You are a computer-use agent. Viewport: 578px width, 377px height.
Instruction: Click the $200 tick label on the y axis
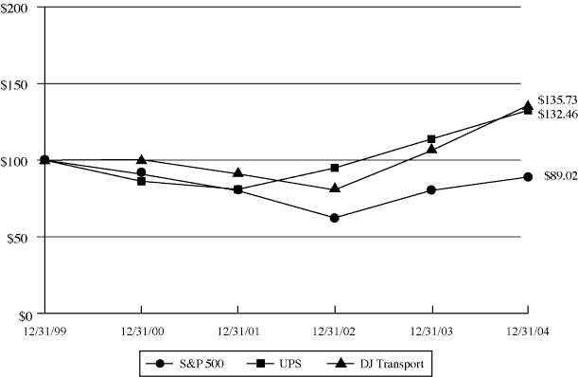16,8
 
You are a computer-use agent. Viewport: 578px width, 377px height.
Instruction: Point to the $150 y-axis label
16,83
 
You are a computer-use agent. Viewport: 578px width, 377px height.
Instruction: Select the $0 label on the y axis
22,314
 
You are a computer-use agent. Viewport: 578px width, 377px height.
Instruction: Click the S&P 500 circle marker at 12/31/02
335,218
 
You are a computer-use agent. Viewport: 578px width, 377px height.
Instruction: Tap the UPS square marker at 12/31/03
432,139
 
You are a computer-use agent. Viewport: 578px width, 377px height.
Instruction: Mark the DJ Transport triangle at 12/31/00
142,159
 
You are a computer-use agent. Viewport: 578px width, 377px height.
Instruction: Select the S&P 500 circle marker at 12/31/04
527,177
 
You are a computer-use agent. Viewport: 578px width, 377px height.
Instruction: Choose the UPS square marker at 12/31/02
335,168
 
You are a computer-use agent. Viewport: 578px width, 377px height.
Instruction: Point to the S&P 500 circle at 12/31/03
432,190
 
